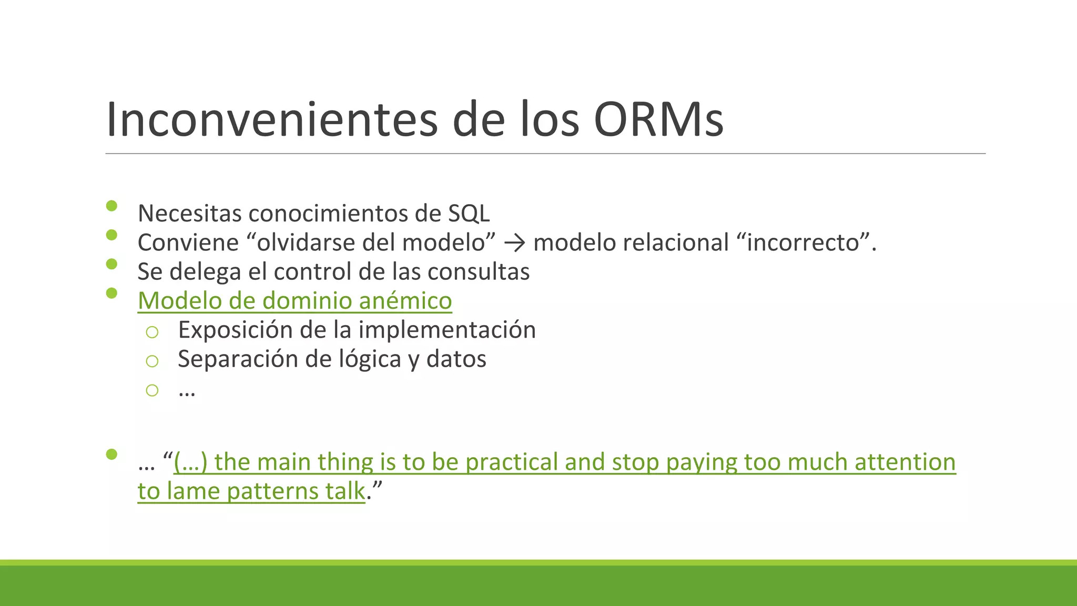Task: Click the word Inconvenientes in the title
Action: point(271,120)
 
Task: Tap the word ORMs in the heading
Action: point(658,120)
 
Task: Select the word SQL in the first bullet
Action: point(469,214)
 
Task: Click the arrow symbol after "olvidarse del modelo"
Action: point(514,243)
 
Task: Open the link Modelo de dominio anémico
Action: point(294,301)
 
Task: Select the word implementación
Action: point(447,330)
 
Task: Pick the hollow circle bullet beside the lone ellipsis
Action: point(152,390)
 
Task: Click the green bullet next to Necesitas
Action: point(111,206)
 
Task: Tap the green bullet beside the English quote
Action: point(111,454)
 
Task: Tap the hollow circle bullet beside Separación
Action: point(152,361)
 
